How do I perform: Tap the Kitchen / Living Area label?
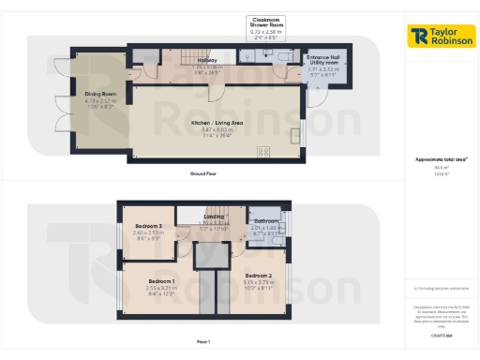coord(217,123)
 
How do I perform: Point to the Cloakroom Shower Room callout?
coord(267,22)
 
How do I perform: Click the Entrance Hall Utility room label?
coord(328,60)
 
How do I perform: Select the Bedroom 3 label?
coord(149,227)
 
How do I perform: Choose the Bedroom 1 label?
coord(161,281)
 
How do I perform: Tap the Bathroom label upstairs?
coord(267,221)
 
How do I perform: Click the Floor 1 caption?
coord(204,342)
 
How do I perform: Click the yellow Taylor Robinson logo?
coord(441,36)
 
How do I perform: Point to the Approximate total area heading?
coord(441,159)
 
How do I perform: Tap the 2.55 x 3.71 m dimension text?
coord(161,288)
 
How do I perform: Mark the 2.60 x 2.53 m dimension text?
coord(149,233)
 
